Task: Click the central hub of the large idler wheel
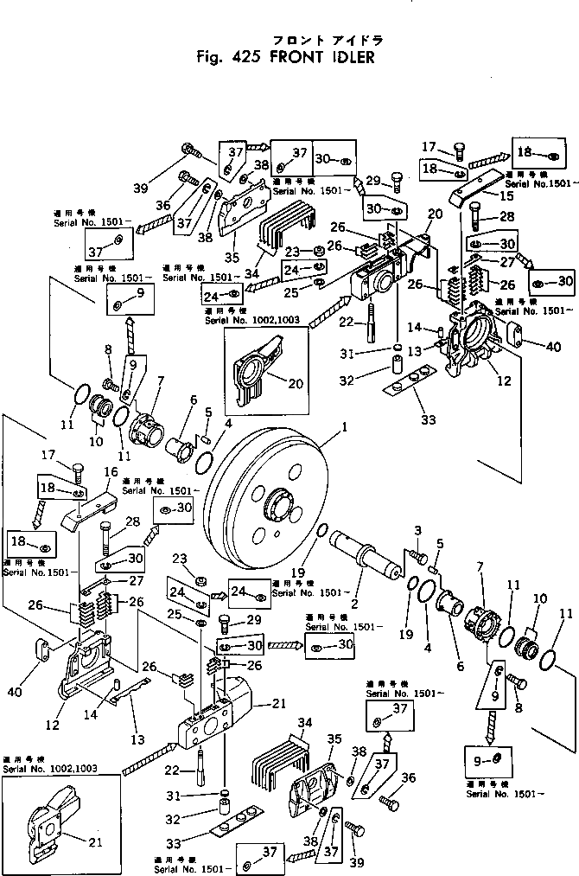[x=283, y=505]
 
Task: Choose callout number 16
[x=111, y=471]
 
